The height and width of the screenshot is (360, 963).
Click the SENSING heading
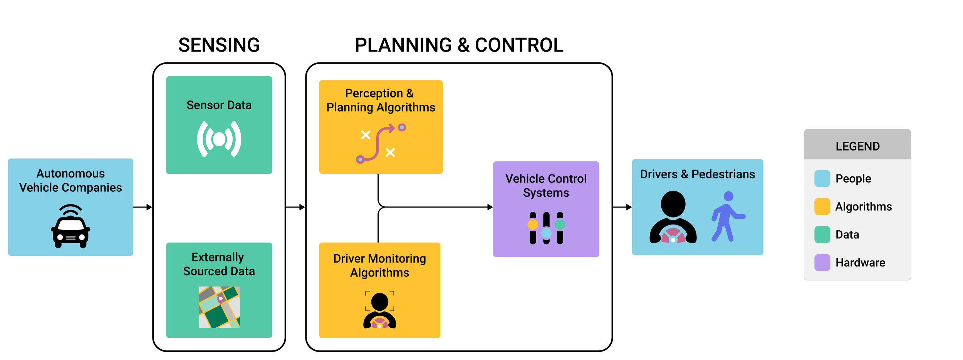(219, 45)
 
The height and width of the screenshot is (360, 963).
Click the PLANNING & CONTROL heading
(459, 45)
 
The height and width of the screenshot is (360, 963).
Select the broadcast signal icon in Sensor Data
(219, 139)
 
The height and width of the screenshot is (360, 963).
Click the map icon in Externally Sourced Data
(219, 307)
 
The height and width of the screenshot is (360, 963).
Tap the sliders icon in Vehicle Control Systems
(546, 228)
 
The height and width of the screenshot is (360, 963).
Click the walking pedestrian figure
(726, 216)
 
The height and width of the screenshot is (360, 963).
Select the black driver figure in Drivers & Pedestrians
(673, 218)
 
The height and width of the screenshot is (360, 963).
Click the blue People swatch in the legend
(822, 179)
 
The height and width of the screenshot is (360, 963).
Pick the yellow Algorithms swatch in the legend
(822, 207)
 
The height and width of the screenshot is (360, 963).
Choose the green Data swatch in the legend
(822, 235)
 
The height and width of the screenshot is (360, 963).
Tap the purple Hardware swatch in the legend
(822, 263)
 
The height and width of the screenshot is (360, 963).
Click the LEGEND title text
(857, 146)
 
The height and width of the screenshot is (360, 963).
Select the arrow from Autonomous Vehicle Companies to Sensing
(143, 207)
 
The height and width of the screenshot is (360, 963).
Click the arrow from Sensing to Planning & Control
(295, 207)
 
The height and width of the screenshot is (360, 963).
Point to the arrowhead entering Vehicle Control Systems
(490, 207)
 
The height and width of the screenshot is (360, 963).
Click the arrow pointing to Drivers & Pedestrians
(622, 207)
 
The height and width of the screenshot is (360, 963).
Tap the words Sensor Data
(219, 105)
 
